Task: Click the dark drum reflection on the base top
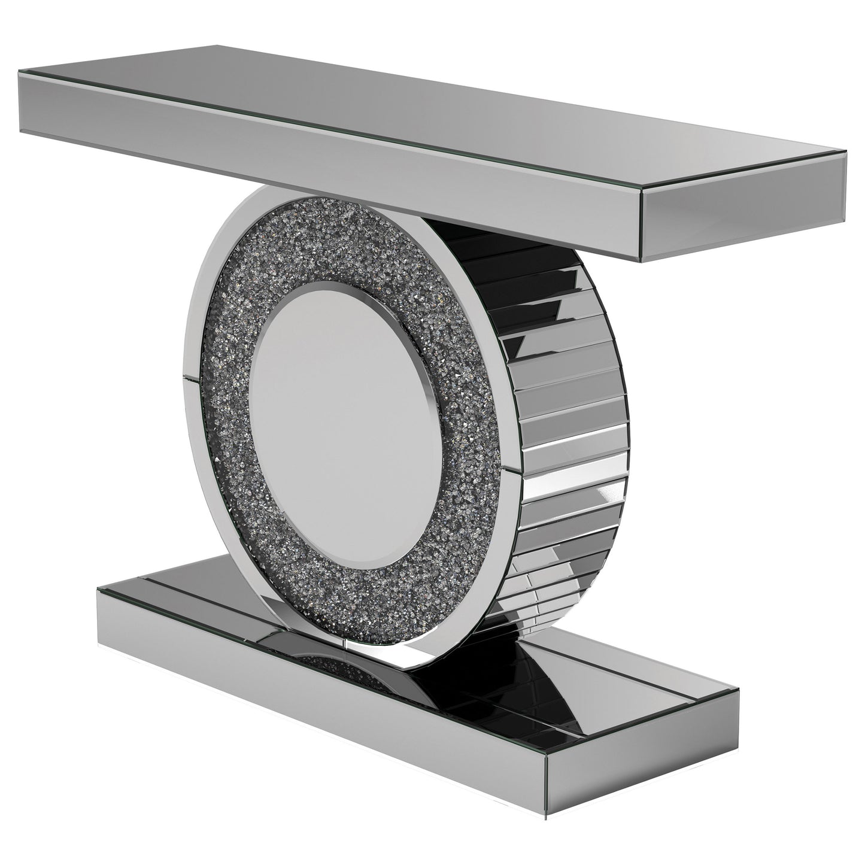pyautogui.click(x=509, y=688)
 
